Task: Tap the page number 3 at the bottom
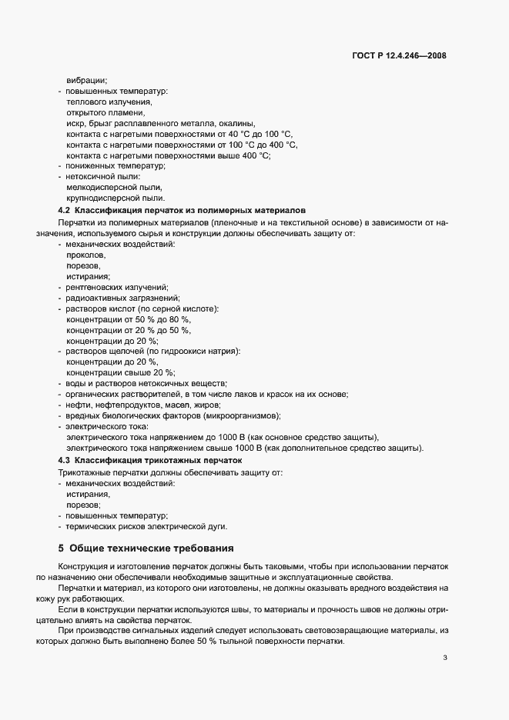coord(446,658)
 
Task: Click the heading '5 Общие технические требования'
coord(146,548)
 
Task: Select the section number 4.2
coord(65,210)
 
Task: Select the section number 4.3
coord(65,460)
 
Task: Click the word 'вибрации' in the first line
coord(87,80)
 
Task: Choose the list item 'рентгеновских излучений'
coord(112,287)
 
